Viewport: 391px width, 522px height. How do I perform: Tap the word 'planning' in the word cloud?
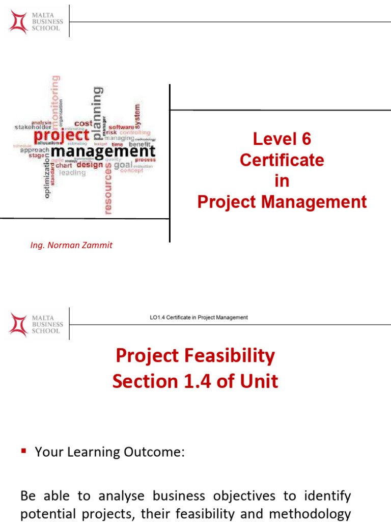(96, 113)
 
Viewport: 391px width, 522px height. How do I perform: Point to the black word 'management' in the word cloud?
(103, 151)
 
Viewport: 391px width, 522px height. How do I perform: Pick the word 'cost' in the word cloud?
(83, 123)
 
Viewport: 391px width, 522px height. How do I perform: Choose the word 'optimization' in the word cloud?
(47, 177)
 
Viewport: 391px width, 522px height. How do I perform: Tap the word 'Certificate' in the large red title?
(282, 160)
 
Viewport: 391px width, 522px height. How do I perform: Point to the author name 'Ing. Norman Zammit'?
(71, 245)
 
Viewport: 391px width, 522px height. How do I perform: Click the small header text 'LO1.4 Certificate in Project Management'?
(199, 318)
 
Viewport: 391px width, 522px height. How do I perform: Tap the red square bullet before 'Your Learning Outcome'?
(23, 451)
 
